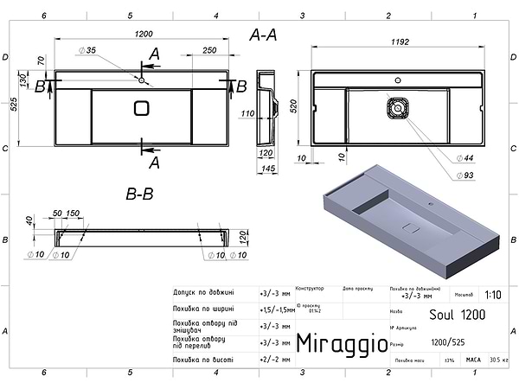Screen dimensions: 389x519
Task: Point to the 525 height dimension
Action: pyautogui.click(x=14, y=105)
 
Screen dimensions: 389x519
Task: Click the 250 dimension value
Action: pyautogui.click(x=208, y=51)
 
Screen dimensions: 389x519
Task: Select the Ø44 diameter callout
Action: pyautogui.click(x=468, y=157)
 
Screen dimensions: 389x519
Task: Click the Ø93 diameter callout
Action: pyautogui.click(x=468, y=176)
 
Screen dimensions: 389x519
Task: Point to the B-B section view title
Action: pyautogui.click(x=139, y=195)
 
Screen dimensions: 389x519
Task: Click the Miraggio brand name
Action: pyautogui.click(x=342, y=344)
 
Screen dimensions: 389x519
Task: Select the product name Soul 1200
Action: pyautogui.click(x=457, y=312)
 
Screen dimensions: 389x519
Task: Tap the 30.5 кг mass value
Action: pyautogui.click(x=498, y=360)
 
